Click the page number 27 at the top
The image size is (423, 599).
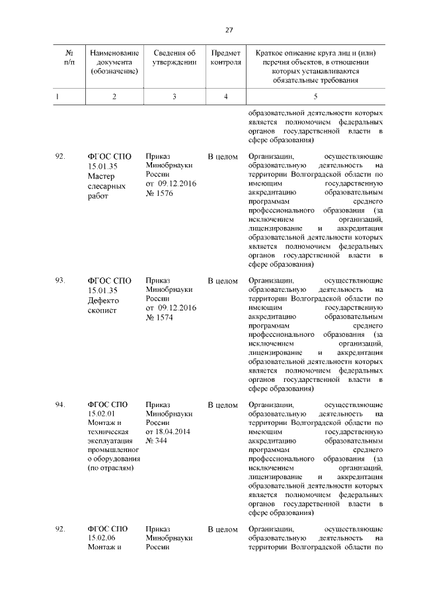(x=229, y=30)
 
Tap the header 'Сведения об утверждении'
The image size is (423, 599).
(x=174, y=57)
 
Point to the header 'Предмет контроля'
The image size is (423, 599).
(x=225, y=57)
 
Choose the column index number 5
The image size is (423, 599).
(x=315, y=97)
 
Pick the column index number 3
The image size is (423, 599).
(x=174, y=97)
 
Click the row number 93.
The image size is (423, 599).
(x=60, y=281)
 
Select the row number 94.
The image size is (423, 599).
(x=60, y=404)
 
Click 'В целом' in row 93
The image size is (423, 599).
(x=223, y=281)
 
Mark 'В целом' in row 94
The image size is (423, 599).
(x=223, y=404)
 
